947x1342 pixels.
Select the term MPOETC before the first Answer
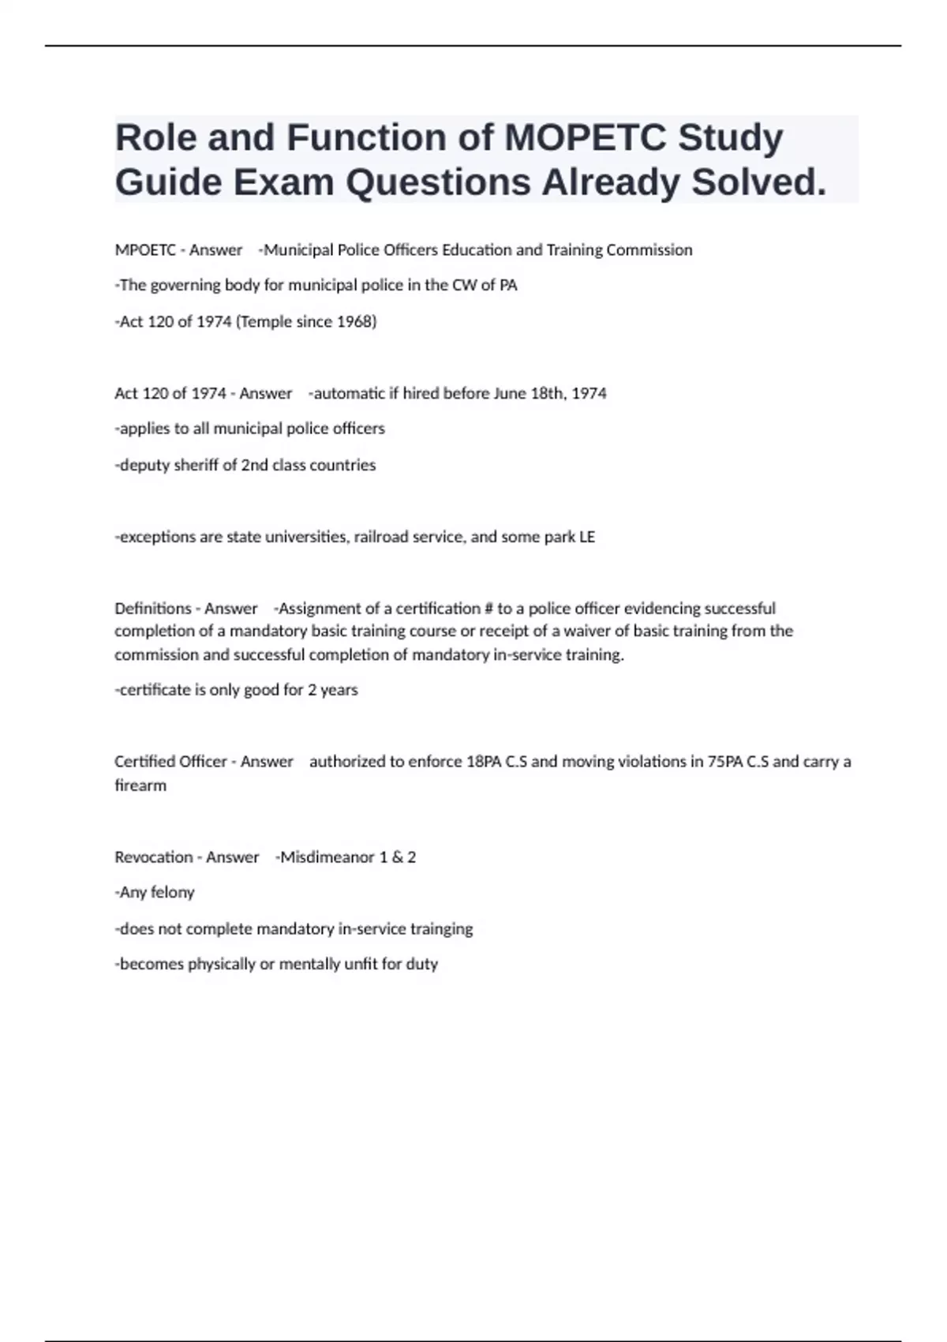coord(145,250)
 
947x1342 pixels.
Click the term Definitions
coord(152,609)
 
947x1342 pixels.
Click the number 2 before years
coord(312,690)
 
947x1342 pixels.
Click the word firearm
coord(140,785)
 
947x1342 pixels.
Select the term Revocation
coord(153,857)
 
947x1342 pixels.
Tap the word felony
coord(172,893)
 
